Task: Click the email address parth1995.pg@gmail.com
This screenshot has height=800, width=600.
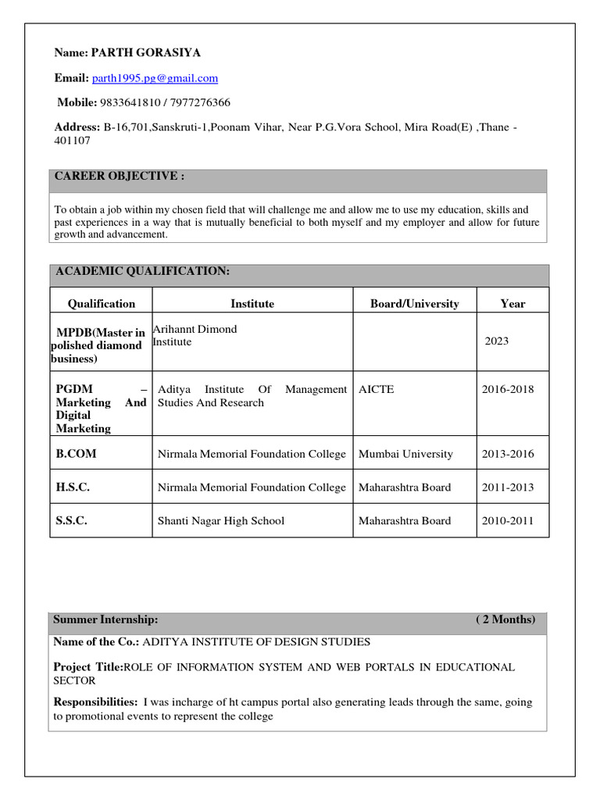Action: (155, 78)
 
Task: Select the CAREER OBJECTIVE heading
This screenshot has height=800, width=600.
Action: (119, 177)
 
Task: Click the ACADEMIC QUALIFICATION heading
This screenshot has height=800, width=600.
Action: (141, 271)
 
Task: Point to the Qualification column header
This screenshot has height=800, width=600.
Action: (102, 304)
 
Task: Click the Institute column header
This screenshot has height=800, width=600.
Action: (252, 304)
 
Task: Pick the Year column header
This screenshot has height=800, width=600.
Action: (512, 304)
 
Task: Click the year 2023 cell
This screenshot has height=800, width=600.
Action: (496, 341)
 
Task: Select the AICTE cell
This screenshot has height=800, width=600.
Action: (376, 389)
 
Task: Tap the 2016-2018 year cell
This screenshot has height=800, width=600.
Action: (508, 389)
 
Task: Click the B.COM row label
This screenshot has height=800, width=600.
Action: (77, 454)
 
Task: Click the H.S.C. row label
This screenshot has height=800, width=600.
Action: (73, 487)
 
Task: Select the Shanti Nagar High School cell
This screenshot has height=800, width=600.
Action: (221, 520)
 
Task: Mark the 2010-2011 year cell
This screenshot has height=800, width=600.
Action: (508, 520)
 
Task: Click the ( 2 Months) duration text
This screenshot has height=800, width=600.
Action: (505, 620)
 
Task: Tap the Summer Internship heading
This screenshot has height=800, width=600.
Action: (105, 620)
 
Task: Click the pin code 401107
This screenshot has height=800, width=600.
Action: (72, 141)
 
